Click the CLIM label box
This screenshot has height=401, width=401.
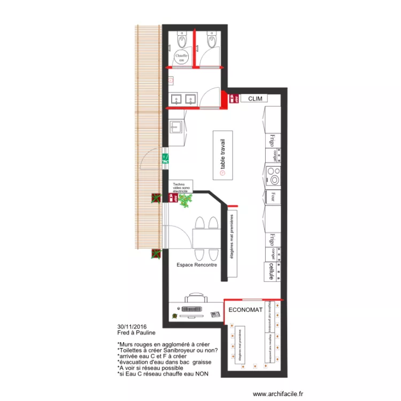(x=255, y=99)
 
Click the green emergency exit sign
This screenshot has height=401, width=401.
(x=166, y=158)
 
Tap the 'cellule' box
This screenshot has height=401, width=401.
(x=272, y=271)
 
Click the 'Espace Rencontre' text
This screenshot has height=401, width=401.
(x=196, y=265)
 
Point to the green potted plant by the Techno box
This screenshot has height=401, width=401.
(x=186, y=200)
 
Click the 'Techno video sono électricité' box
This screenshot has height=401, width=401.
(x=182, y=187)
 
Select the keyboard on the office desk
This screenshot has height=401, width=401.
(x=192, y=310)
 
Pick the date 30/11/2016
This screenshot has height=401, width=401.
(x=131, y=327)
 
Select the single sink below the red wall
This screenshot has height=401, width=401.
(x=176, y=127)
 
